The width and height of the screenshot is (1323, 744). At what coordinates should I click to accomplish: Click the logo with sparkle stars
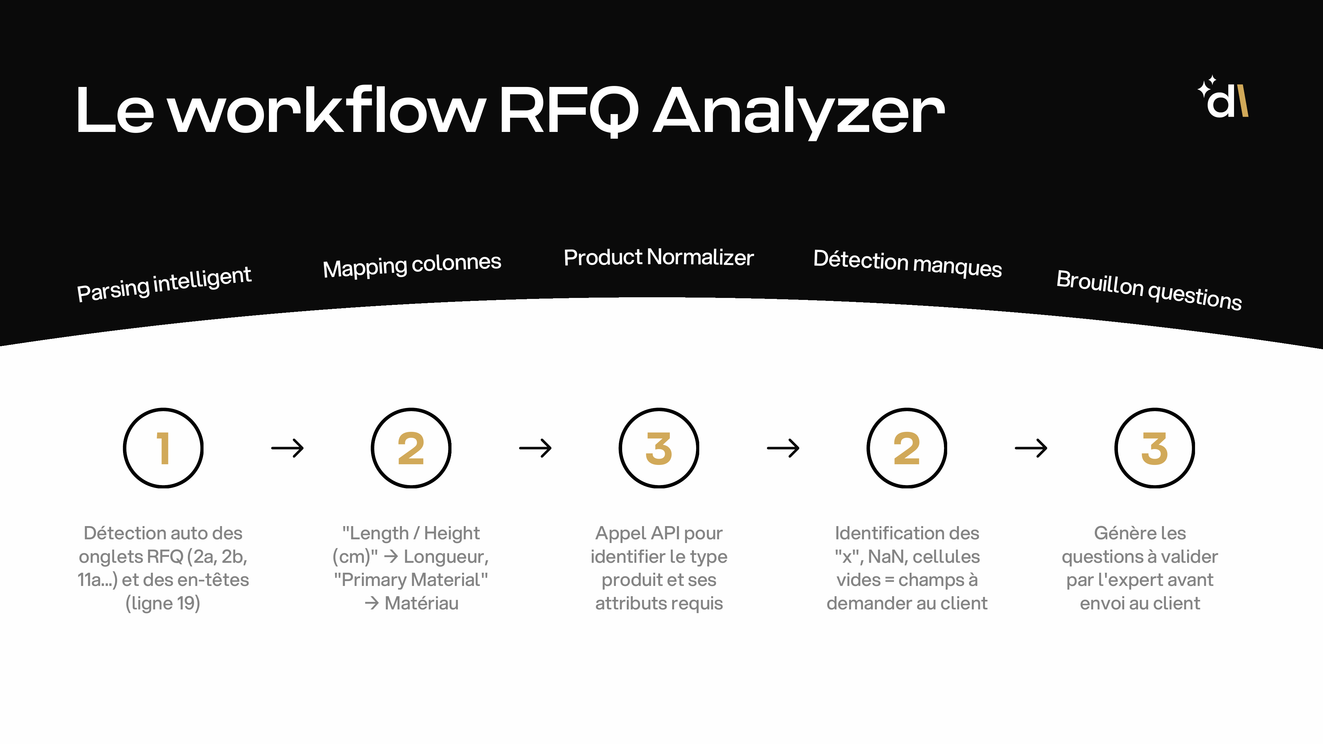tap(1224, 98)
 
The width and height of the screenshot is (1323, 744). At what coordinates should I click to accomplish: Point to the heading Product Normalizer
tap(659, 257)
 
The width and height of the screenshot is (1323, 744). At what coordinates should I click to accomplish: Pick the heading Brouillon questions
tap(1149, 289)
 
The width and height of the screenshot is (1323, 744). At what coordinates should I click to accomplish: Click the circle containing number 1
tap(163, 448)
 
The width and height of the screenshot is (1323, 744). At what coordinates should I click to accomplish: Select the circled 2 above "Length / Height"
tap(411, 448)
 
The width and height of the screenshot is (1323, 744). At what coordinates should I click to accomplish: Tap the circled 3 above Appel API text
tap(659, 448)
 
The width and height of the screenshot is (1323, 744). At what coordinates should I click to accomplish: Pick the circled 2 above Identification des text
tap(907, 448)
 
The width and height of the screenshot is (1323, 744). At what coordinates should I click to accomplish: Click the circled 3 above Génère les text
tap(1155, 448)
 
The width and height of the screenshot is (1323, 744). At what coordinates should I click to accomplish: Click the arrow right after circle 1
tap(288, 448)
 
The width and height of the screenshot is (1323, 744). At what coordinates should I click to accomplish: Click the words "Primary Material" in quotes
tap(411, 580)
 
